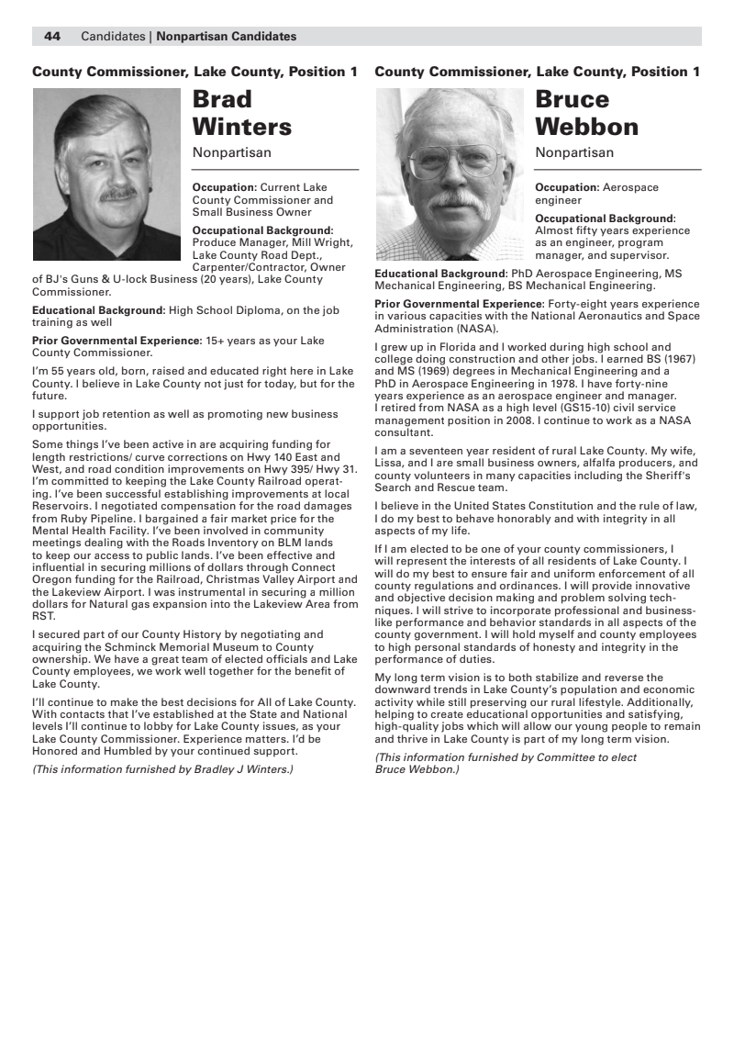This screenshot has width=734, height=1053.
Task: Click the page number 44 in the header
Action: pyautogui.click(x=52, y=37)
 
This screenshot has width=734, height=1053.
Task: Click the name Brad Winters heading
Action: pyautogui.click(x=241, y=112)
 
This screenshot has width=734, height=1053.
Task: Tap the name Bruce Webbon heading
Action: pyautogui.click(x=586, y=112)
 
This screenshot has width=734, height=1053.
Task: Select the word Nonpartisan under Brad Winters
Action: pyautogui.click(x=231, y=152)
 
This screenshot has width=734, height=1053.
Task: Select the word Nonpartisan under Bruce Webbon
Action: pyautogui.click(x=574, y=152)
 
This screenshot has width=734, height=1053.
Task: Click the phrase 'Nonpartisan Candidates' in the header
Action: pyautogui.click(x=227, y=37)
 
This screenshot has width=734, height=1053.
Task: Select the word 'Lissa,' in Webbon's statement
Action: pyautogui.click(x=391, y=463)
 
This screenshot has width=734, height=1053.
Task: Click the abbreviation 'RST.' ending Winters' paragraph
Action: pyautogui.click(x=44, y=616)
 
